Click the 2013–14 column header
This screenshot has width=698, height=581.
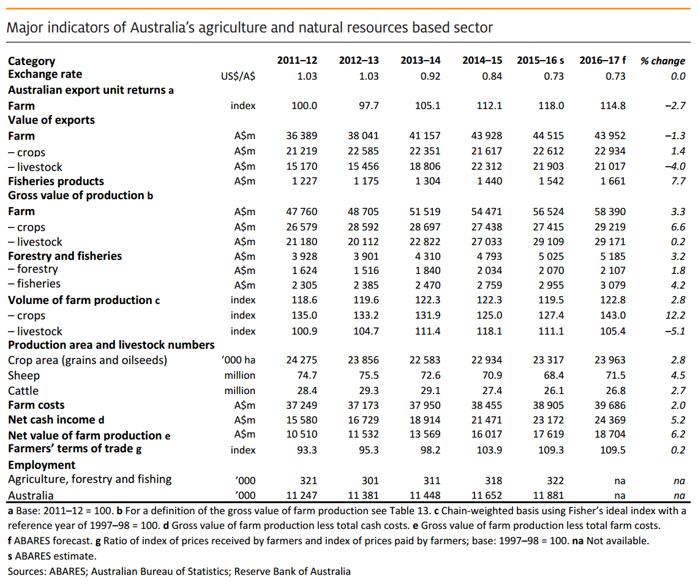click(x=420, y=60)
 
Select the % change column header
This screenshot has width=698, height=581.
click(x=662, y=61)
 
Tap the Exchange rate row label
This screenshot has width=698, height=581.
click(x=45, y=74)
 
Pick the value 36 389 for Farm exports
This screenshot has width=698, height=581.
click(x=302, y=136)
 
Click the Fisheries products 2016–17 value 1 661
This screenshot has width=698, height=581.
click(x=610, y=181)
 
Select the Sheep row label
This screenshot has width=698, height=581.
click(x=24, y=376)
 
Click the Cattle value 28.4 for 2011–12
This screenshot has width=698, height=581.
click(x=306, y=390)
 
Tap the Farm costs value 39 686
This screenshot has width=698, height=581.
click(x=609, y=405)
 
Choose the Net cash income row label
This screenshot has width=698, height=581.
click(x=56, y=420)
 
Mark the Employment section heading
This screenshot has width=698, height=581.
click(x=42, y=465)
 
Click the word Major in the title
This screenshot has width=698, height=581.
click(x=21, y=28)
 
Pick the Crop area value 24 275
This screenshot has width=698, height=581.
click(x=302, y=360)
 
